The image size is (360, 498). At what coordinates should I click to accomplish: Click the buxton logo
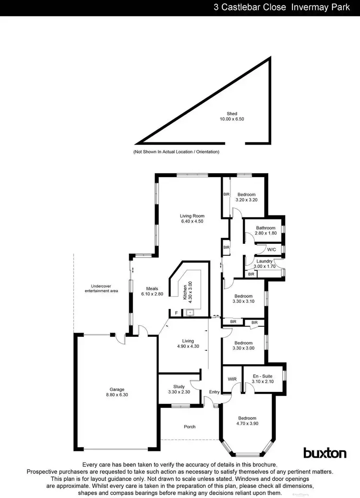324,452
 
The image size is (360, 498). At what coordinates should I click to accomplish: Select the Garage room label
117,389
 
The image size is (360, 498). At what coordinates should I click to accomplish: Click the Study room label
179,386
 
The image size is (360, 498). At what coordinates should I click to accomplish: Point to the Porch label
190,427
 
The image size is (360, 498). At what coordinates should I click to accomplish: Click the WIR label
232,379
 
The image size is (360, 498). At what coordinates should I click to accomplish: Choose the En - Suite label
263,376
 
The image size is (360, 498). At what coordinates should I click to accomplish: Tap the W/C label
271,249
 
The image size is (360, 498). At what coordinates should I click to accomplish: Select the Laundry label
264,261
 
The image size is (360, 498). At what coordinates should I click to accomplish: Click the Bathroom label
265,228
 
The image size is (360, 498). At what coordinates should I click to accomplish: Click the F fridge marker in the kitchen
176,313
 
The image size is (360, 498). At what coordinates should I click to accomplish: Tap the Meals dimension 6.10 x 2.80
152,294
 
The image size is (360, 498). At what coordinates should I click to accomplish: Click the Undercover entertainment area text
101,289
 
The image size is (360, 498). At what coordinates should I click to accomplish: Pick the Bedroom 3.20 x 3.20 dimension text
247,200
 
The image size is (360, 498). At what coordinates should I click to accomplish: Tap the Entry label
214,392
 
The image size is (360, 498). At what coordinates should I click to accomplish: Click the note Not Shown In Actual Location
176,152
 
